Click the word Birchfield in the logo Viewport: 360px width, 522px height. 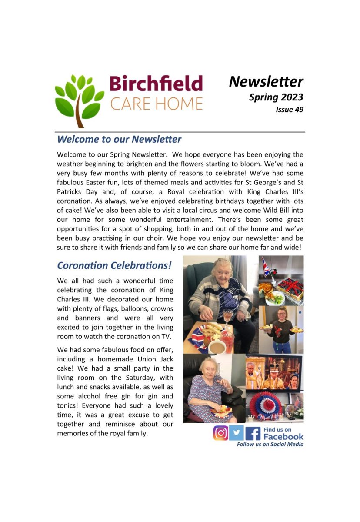156,84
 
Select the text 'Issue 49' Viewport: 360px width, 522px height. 289,110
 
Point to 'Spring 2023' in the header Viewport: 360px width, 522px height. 276,97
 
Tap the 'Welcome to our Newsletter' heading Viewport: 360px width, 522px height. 119,140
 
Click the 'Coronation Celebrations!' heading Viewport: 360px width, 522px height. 114,265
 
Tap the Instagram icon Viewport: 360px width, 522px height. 221,433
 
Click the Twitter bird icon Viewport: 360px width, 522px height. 237,433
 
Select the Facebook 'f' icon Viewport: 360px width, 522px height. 253,433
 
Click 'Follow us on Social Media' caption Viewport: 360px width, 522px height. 270,445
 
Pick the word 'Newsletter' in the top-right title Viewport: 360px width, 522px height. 266,81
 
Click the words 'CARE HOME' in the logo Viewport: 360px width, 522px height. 156,104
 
